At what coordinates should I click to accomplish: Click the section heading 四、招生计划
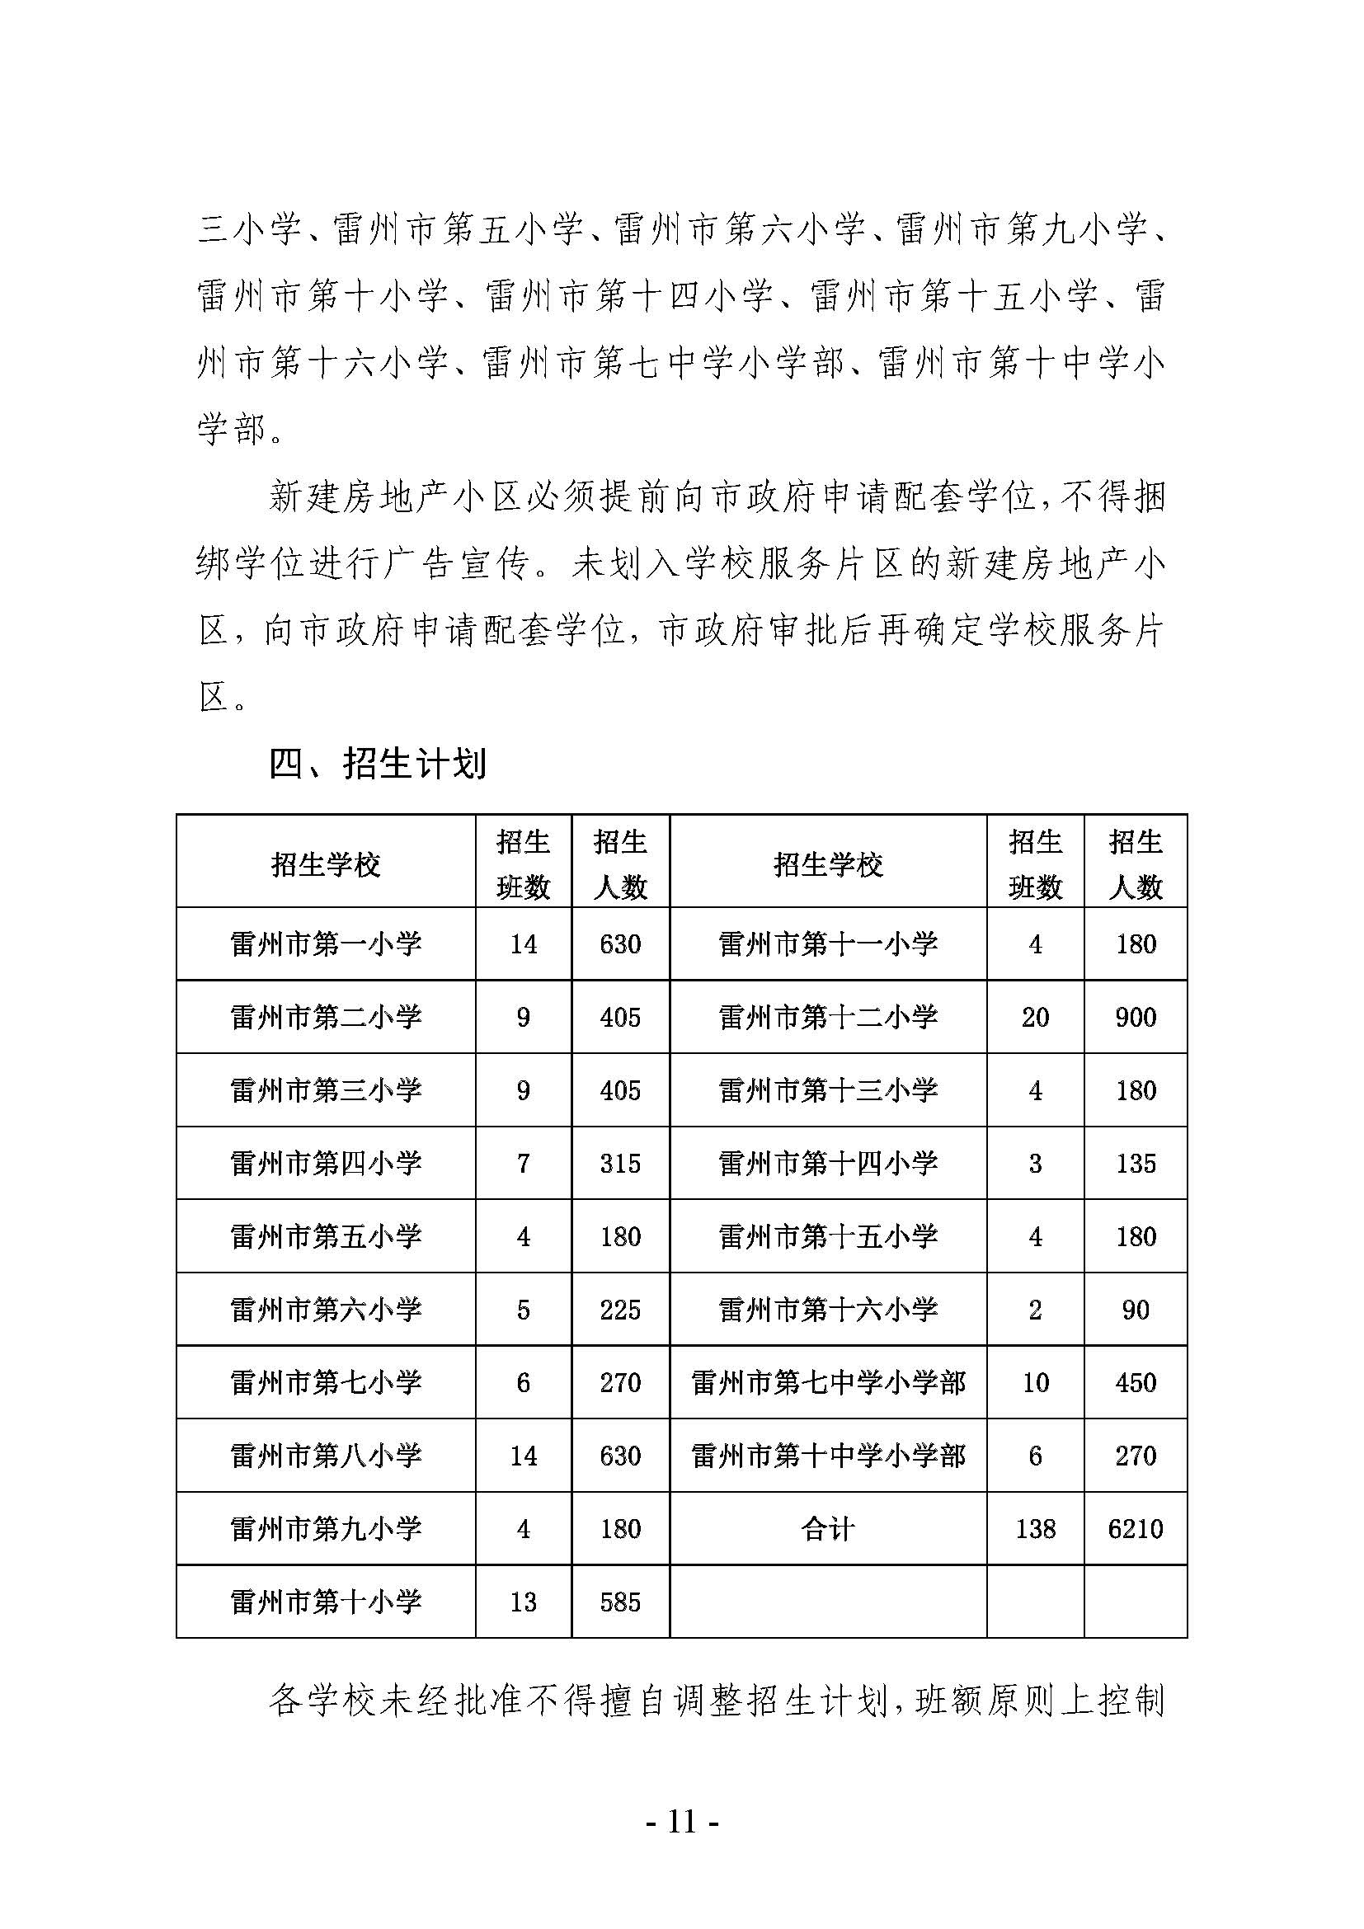377,764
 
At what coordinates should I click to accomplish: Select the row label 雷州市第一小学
326,943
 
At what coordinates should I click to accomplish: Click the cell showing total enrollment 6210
1135,1528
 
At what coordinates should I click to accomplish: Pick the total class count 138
1035,1528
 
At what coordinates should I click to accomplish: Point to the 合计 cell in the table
827,1528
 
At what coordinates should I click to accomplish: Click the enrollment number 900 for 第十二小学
1135,1017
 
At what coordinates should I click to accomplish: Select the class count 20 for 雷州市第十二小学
1035,1017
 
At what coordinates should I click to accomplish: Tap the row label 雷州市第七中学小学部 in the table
827,1382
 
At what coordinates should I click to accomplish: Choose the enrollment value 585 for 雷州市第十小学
620,1602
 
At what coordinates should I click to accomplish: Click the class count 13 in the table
524,1602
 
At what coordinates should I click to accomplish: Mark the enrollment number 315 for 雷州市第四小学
620,1163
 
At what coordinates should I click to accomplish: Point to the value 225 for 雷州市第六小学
620,1309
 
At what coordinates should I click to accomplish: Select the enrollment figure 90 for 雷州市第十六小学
1135,1309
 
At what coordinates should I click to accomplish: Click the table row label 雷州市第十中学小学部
827,1455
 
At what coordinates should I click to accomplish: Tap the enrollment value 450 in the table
1135,1382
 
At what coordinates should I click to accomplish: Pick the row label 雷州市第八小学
326,1455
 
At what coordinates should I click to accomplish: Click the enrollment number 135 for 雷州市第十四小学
1135,1163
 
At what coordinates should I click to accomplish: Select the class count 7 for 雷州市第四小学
524,1163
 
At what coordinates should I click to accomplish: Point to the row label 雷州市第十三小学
827,1089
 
